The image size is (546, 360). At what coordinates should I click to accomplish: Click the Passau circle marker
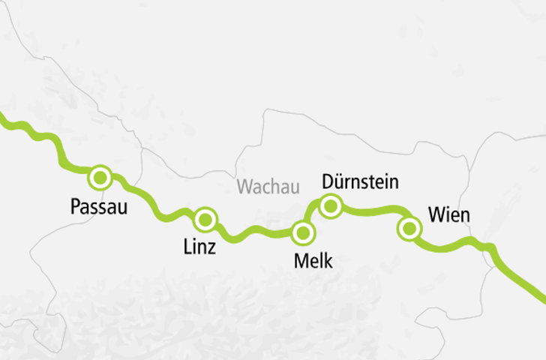coord(100,178)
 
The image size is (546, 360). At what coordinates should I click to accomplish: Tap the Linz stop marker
coord(205,220)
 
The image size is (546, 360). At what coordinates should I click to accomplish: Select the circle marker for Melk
coord(303,232)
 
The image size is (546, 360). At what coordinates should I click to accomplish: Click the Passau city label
coord(98,206)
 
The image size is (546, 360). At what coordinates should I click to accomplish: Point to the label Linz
coord(199,247)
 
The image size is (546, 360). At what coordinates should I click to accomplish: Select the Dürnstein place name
coord(359,181)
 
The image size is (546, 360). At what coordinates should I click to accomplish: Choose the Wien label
coord(449,216)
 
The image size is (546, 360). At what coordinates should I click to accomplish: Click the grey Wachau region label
coord(268,187)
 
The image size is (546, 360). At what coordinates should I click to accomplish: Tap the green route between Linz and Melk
coord(255,232)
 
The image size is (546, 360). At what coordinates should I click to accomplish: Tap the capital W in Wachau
coord(244,187)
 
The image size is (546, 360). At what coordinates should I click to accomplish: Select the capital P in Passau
coord(73,206)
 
